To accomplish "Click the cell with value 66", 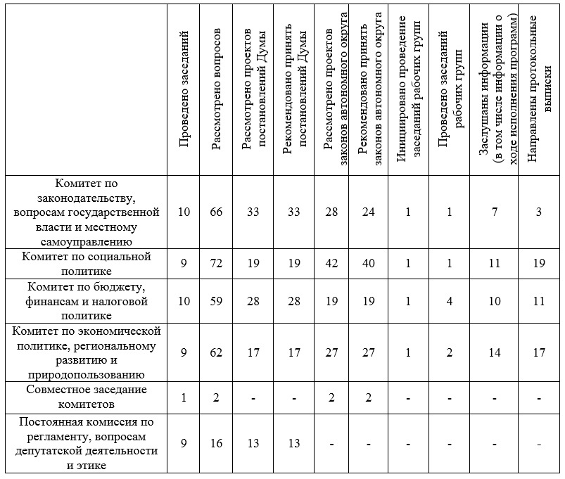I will [x=217, y=212].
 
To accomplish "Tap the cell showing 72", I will [x=217, y=263].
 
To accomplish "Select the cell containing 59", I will [x=217, y=302].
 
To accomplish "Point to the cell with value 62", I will [x=217, y=352].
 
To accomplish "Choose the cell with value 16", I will [x=217, y=444].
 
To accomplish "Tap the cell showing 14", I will [x=495, y=352].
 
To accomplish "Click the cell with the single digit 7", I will [x=495, y=212].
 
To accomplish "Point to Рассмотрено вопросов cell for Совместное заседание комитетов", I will [x=217, y=397].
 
